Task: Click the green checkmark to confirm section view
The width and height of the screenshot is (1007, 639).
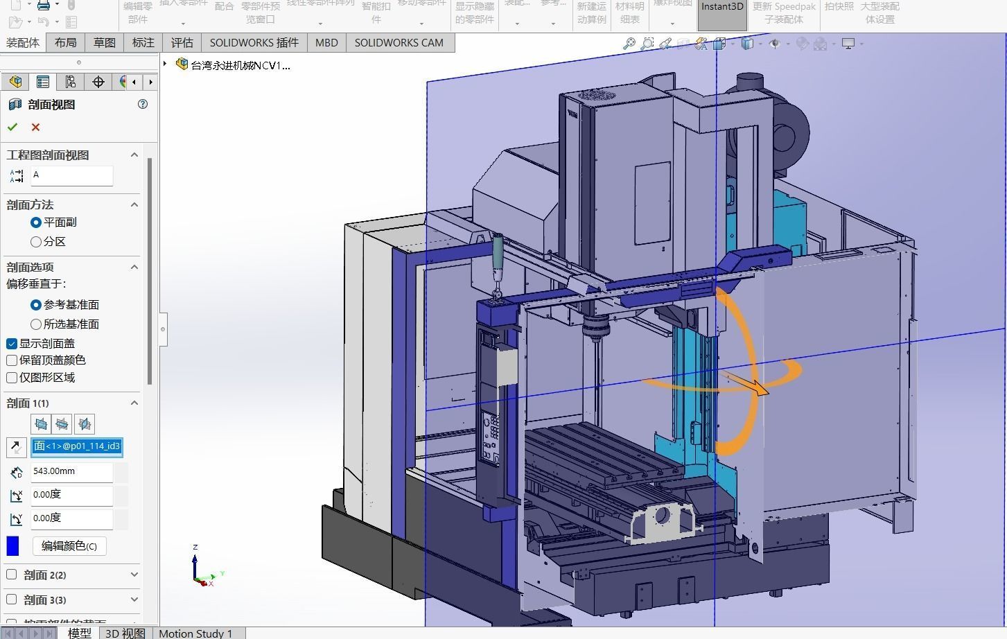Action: pyautogui.click(x=12, y=127)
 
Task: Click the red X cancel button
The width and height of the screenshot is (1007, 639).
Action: pyautogui.click(x=35, y=127)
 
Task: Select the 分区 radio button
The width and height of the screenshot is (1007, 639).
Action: pyautogui.click(x=36, y=242)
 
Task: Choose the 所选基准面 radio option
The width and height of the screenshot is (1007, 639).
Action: pyautogui.click(x=36, y=324)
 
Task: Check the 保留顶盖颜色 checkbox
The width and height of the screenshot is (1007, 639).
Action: pyautogui.click(x=12, y=360)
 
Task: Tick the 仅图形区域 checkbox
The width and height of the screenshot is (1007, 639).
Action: pyautogui.click(x=12, y=378)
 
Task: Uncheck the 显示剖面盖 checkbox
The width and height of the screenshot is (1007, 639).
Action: pyautogui.click(x=12, y=344)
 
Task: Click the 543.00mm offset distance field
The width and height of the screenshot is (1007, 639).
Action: pyautogui.click(x=71, y=471)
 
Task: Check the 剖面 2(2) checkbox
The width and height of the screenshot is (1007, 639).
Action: pyautogui.click(x=12, y=575)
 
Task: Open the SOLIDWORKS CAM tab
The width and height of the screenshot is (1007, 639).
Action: pyautogui.click(x=399, y=43)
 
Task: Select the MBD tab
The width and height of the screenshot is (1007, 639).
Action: pyautogui.click(x=326, y=43)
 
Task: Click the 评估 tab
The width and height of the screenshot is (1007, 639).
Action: pyautogui.click(x=182, y=43)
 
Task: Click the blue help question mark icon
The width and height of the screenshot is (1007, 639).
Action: pyautogui.click(x=143, y=104)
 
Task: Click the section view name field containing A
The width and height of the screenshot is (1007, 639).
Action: pyautogui.click(x=71, y=175)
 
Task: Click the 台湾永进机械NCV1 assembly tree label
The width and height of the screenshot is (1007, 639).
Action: pyautogui.click(x=240, y=66)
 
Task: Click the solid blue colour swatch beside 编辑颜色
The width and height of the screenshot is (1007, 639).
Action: pyautogui.click(x=12, y=546)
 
